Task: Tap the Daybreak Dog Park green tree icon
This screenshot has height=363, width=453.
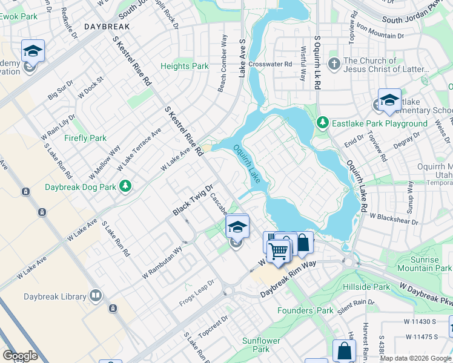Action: point(125,185)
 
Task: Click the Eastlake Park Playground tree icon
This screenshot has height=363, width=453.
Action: point(323,123)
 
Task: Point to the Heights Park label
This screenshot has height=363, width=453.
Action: point(184,66)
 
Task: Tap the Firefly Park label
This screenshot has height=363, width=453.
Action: point(85,138)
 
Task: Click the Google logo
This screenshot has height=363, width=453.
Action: point(20,356)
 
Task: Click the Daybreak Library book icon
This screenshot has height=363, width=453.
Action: point(95,296)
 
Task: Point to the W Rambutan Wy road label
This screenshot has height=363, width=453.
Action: point(162,261)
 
